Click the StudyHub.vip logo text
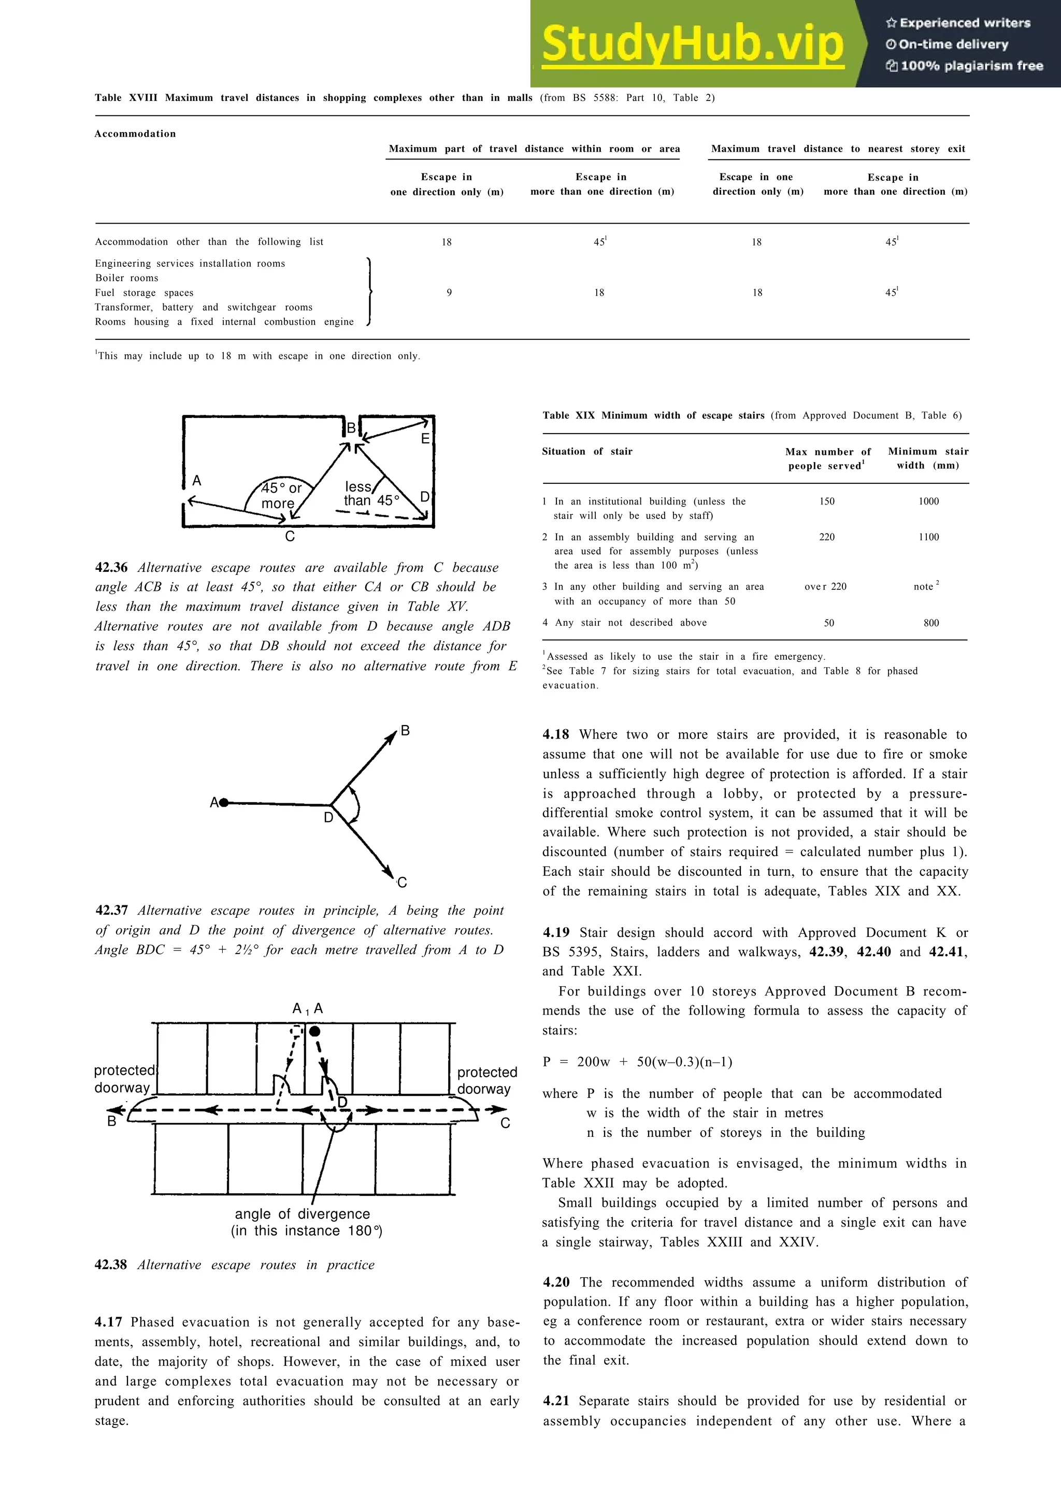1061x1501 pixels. coord(693,45)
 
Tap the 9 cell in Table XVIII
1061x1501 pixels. coord(449,293)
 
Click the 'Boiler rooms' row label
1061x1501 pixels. coord(127,278)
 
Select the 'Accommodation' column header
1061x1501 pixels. coord(135,134)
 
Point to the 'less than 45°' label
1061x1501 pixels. coord(370,494)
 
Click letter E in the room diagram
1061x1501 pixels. coord(425,439)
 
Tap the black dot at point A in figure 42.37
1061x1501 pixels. coord(224,802)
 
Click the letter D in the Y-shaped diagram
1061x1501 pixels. coord(329,818)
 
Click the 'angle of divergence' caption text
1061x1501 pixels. coord(302,1214)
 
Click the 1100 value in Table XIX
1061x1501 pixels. coord(928,538)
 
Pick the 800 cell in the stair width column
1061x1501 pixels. coord(931,623)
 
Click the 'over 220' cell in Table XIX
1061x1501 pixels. coord(826,587)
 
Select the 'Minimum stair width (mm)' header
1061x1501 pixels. coord(928,458)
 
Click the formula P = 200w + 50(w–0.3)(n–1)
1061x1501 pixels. coord(637,1062)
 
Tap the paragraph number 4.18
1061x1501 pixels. coord(556,735)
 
